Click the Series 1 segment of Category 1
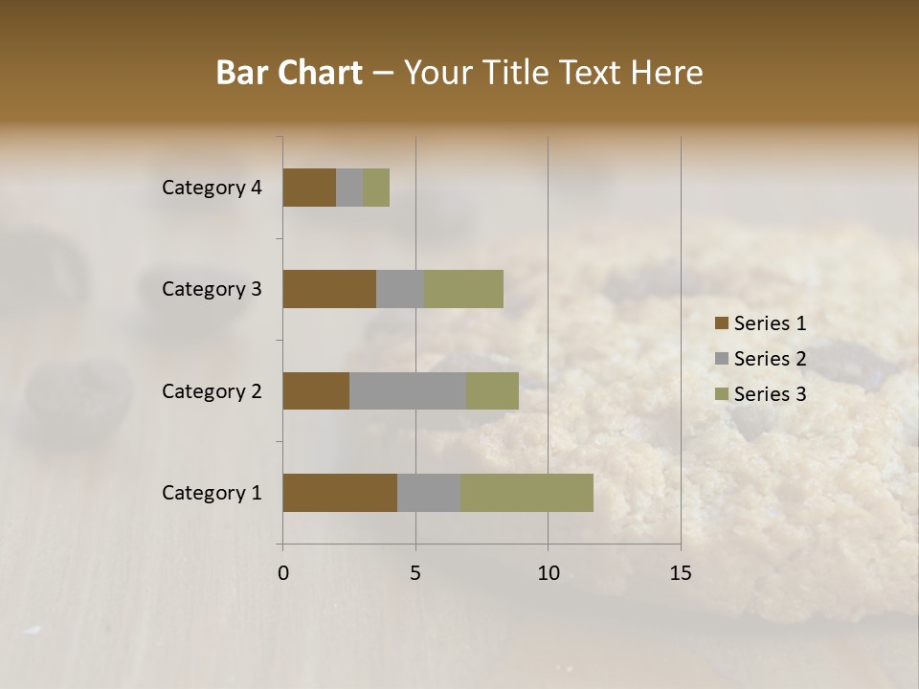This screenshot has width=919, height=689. pyautogui.click(x=340, y=493)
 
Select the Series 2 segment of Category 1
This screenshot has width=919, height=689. pyautogui.click(x=429, y=493)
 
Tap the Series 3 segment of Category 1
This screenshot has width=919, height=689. pyautogui.click(x=527, y=493)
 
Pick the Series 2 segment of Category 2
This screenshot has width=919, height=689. pyautogui.click(x=408, y=390)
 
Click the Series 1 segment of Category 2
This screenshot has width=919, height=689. pyautogui.click(x=316, y=390)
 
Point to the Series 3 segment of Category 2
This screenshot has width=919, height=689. pyautogui.click(x=492, y=390)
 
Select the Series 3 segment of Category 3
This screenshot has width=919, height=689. pyautogui.click(x=463, y=289)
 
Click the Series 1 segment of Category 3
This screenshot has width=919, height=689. pyautogui.click(x=329, y=289)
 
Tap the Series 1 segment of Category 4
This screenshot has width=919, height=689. pyautogui.click(x=309, y=188)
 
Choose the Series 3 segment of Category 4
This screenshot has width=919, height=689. pyautogui.click(x=376, y=188)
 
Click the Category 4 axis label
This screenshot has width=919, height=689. pyautogui.click(x=212, y=188)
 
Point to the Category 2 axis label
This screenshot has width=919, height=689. pyautogui.click(x=212, y=390)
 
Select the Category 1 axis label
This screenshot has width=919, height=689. pyautogui.click(x=212, y=493)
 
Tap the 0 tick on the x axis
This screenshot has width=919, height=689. pyautogui.click(x=283, y=573)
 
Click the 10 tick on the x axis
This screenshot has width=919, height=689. pyautogui.click(x=548, y=573)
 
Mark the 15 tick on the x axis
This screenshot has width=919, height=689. pyautogui.click(x=681, y=573)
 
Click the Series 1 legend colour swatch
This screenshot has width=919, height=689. pyautogui.click(x=722, y=323)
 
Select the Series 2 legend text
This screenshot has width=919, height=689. pyautogui.click(x=770, y=359)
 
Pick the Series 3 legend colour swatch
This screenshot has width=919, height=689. pyautogui.click(x=722, y=394)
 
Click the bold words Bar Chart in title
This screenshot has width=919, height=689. pyautogui.click(x=289, y=73)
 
